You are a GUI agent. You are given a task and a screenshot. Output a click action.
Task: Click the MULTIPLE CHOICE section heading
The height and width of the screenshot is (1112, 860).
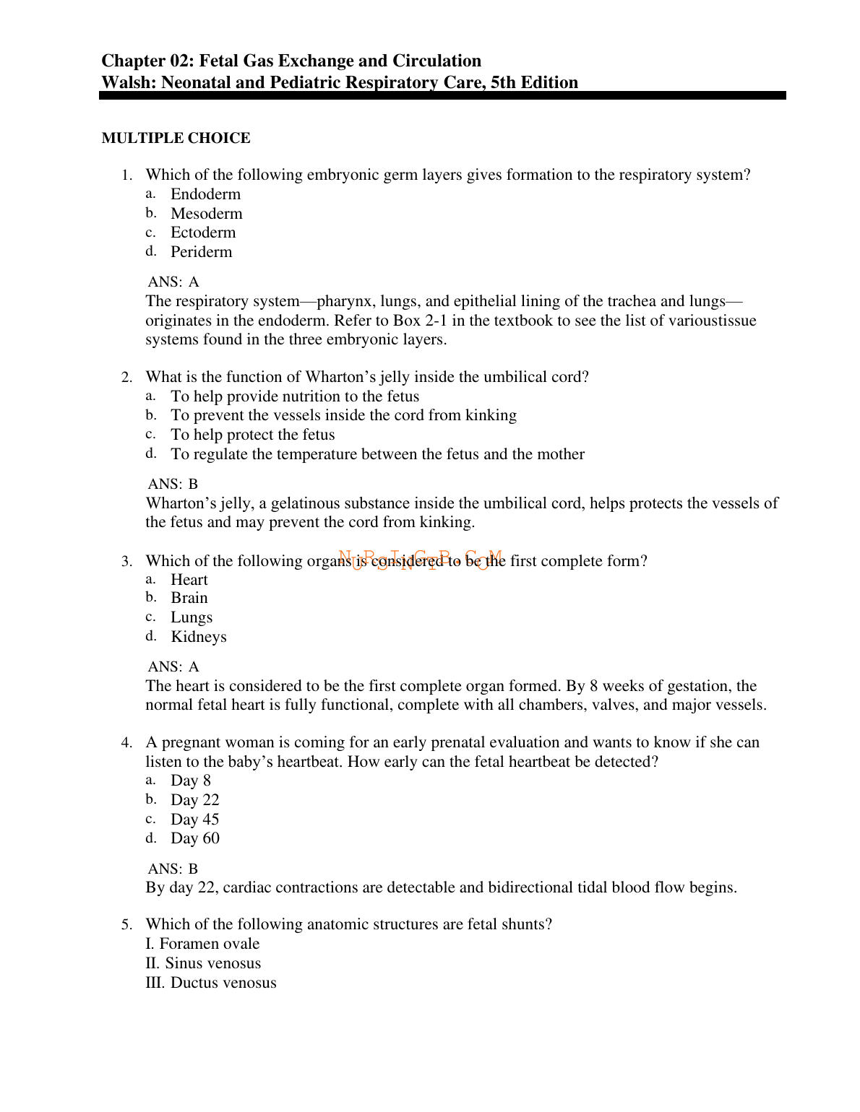[x=176, y=138]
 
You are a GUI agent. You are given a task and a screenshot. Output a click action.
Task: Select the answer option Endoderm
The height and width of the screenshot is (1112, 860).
[x=205, y=194]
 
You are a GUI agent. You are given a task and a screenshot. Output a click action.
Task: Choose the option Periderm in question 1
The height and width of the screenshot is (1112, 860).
[x=201, y=252]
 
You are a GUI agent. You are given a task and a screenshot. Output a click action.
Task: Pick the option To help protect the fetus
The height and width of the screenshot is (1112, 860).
[x=252, y=435]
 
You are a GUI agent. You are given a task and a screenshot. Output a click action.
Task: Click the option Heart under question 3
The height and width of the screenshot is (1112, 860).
[x=189, y=580]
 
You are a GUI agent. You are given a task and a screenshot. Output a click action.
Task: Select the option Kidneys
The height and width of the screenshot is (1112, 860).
[x=198, y=637]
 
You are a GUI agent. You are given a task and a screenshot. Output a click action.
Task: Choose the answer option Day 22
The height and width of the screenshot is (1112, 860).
[x=194, y=800]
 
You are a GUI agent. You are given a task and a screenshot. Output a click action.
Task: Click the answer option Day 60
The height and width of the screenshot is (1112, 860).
[x=194, y=838]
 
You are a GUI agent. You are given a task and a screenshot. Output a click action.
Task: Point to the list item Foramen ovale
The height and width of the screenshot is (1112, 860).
[x=209, y=944]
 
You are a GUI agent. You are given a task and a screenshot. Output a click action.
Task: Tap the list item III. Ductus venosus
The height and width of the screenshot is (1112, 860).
[x=210, y=983]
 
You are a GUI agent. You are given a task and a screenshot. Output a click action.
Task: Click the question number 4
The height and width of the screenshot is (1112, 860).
[x=126, y=743]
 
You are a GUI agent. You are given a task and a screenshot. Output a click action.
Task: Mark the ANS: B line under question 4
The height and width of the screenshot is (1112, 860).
[x=173, y=869]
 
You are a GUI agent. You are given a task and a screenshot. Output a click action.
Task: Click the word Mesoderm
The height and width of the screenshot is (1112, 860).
[x=206, y=214]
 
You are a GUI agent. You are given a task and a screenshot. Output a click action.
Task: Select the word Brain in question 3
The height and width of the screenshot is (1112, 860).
[x=189, y=598]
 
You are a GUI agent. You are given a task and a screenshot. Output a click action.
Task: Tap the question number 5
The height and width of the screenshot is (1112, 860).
[x=126, y=925]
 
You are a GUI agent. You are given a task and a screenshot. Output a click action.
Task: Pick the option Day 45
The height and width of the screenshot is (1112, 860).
[x=194, y=820]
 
